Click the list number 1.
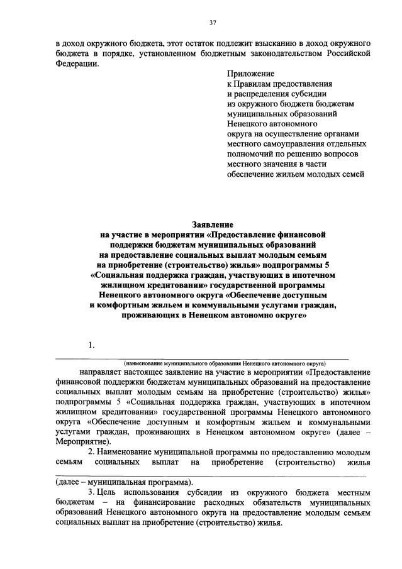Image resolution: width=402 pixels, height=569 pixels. click(92, 345)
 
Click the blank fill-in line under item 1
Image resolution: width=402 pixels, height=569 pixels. click(201, 358)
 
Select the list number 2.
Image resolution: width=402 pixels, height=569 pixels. click(91, 453)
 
